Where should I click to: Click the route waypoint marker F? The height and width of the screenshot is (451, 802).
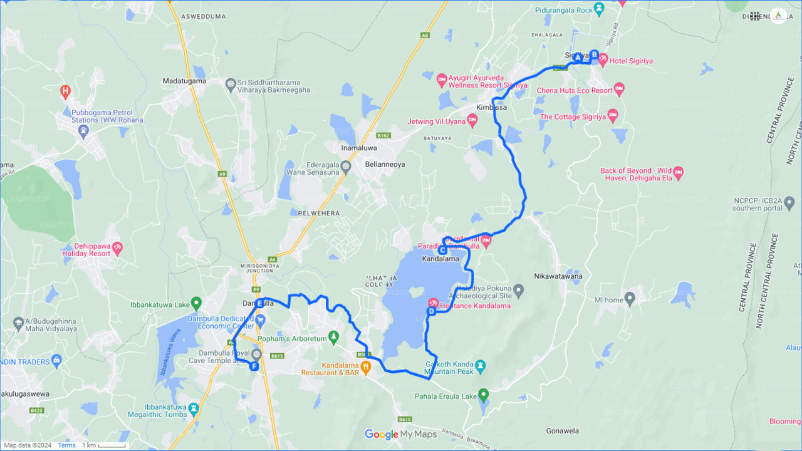pyautogui.click(x=254, y=366)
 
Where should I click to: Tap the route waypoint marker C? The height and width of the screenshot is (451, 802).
pyautogui.click(x=442, y=250)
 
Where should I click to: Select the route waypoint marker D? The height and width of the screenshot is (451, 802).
pyautogui.click(x=431, y=311)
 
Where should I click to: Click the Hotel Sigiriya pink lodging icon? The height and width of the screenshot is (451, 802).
pyautogui.click(x=603, y=61)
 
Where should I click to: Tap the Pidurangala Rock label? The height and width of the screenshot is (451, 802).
pyautogui.click(x=563, y=10)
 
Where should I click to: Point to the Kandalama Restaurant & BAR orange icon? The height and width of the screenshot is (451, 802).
pyautogui.click(x=366, y=367)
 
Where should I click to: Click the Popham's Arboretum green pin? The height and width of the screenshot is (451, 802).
pyautogui.click(x=333, y=338)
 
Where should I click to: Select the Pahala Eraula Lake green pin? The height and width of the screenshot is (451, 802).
pyautogui.click(x=483, y=395)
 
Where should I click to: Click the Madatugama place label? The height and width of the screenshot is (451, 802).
pyautogui.click(x=184, y=81)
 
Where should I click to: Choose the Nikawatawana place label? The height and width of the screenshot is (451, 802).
pyautogui.click(x=558, y=276)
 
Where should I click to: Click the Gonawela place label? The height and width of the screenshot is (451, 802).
pyautogui.click(x=562, y=431)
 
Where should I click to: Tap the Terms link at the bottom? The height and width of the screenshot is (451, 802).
pyautogui.click(x=66, y=445)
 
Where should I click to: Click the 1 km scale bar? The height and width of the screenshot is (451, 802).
pyautogui.click(x=104, y=445)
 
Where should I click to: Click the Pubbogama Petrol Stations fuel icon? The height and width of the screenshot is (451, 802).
pyautogui.click(x=83, y=131)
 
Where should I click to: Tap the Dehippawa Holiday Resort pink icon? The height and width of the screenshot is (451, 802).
pyautogui.click(x=117, y=249)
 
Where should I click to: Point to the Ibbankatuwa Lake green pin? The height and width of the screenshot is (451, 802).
pyautogui.click(x=196, y=304)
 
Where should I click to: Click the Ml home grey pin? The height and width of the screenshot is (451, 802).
pyautogui.click(x=630, y=299)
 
